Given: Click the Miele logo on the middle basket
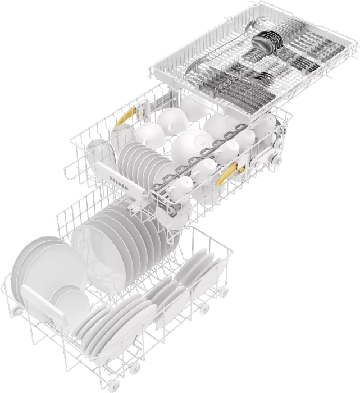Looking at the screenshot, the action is (119, 182).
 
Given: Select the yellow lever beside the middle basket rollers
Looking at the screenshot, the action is (229, 173).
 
